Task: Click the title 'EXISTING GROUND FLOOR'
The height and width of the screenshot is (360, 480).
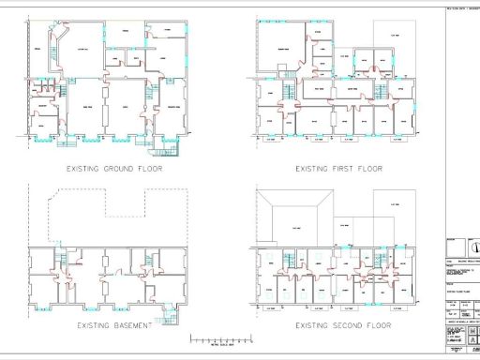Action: pyautogui.click(x=113, y=170)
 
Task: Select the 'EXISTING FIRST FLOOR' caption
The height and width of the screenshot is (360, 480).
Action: pyautogui.click(x=338, y=170)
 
